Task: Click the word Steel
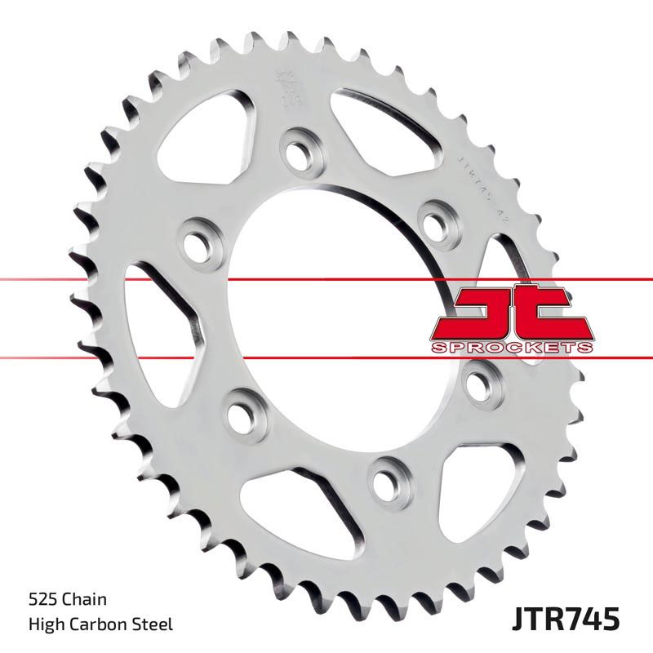point(154,625)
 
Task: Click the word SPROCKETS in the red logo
point(511,348)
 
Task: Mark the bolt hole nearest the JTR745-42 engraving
point(433,219)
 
